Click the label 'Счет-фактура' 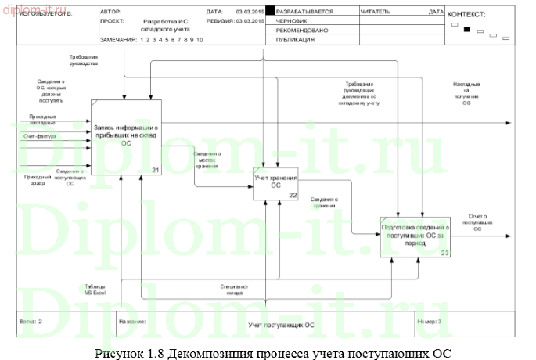[x=37, y=136]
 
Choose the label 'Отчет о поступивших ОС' [x=477, y=220]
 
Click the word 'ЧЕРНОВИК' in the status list [x=292, y=21]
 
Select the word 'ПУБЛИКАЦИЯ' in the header [x=295, y=38]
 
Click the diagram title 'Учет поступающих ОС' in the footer [x=281, y=323]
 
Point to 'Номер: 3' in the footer [x=430, y=321]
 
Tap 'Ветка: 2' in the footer [x=30, y=321]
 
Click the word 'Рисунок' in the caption [x=117, y=352]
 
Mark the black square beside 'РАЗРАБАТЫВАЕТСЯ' [x=270, y=12]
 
